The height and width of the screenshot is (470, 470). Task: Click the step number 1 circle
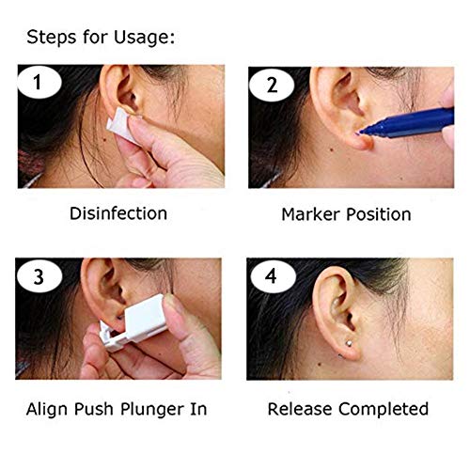coord(38,84)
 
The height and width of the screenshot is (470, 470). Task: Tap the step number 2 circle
coord(272,84)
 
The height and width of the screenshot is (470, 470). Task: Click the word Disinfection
coord(118,213)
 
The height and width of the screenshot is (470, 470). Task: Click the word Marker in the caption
coord(310,214)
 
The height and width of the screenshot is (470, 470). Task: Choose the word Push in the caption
coord(104,409)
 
